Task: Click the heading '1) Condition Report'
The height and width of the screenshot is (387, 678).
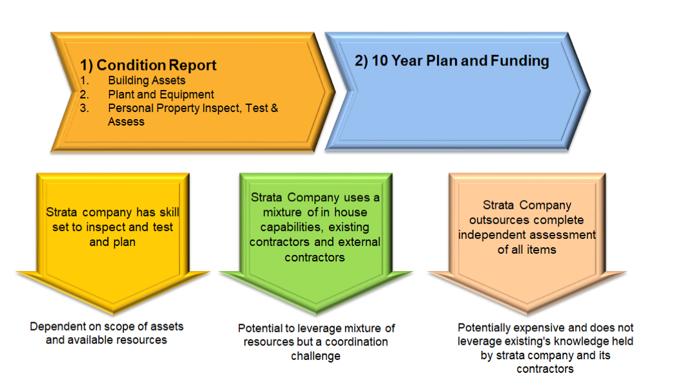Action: [148, 65]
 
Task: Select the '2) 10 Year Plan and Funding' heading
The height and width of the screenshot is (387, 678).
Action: [452, 61]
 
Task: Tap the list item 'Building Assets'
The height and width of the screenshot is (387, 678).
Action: [147, 81]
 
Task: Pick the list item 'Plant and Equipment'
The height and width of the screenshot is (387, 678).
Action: [161, 94]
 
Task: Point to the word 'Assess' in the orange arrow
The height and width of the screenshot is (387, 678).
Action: [126, 122]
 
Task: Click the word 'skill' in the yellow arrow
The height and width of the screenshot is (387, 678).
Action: [165, 213]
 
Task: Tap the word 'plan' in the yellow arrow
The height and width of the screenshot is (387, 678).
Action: [124, 241]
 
